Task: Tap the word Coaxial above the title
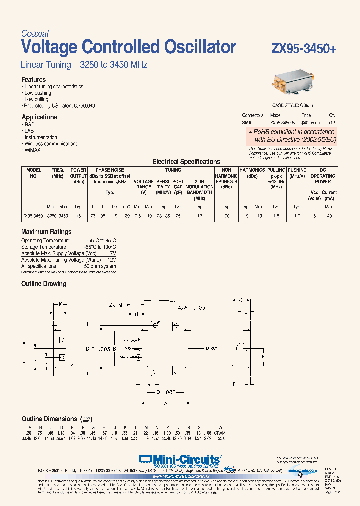(35, 34)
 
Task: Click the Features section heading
(33, 79)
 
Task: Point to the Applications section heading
(39, 117)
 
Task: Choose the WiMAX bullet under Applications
(33, 150)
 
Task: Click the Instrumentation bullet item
(41, 137)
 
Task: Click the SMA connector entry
(247, 122)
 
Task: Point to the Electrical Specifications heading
(186, 162)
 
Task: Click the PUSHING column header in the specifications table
(297, 170)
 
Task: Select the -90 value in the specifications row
(226, 216)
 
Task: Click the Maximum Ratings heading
(46, 232)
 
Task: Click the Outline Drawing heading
(44, 284)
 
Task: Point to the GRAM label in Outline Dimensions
(220, 432)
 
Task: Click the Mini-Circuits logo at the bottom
(180, 459)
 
